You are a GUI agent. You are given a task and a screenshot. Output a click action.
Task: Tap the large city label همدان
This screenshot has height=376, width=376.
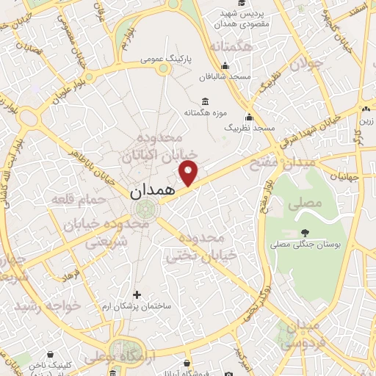click(151, 192)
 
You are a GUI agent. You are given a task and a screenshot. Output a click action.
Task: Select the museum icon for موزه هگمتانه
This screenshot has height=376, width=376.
click(203, 100)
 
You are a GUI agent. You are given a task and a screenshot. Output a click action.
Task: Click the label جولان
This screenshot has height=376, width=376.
click(305, 65)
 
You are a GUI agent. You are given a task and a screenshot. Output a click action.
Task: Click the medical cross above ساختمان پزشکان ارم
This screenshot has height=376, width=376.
click(137, 294)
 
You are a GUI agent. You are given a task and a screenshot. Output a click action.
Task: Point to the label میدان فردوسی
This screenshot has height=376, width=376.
click(303, 335)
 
